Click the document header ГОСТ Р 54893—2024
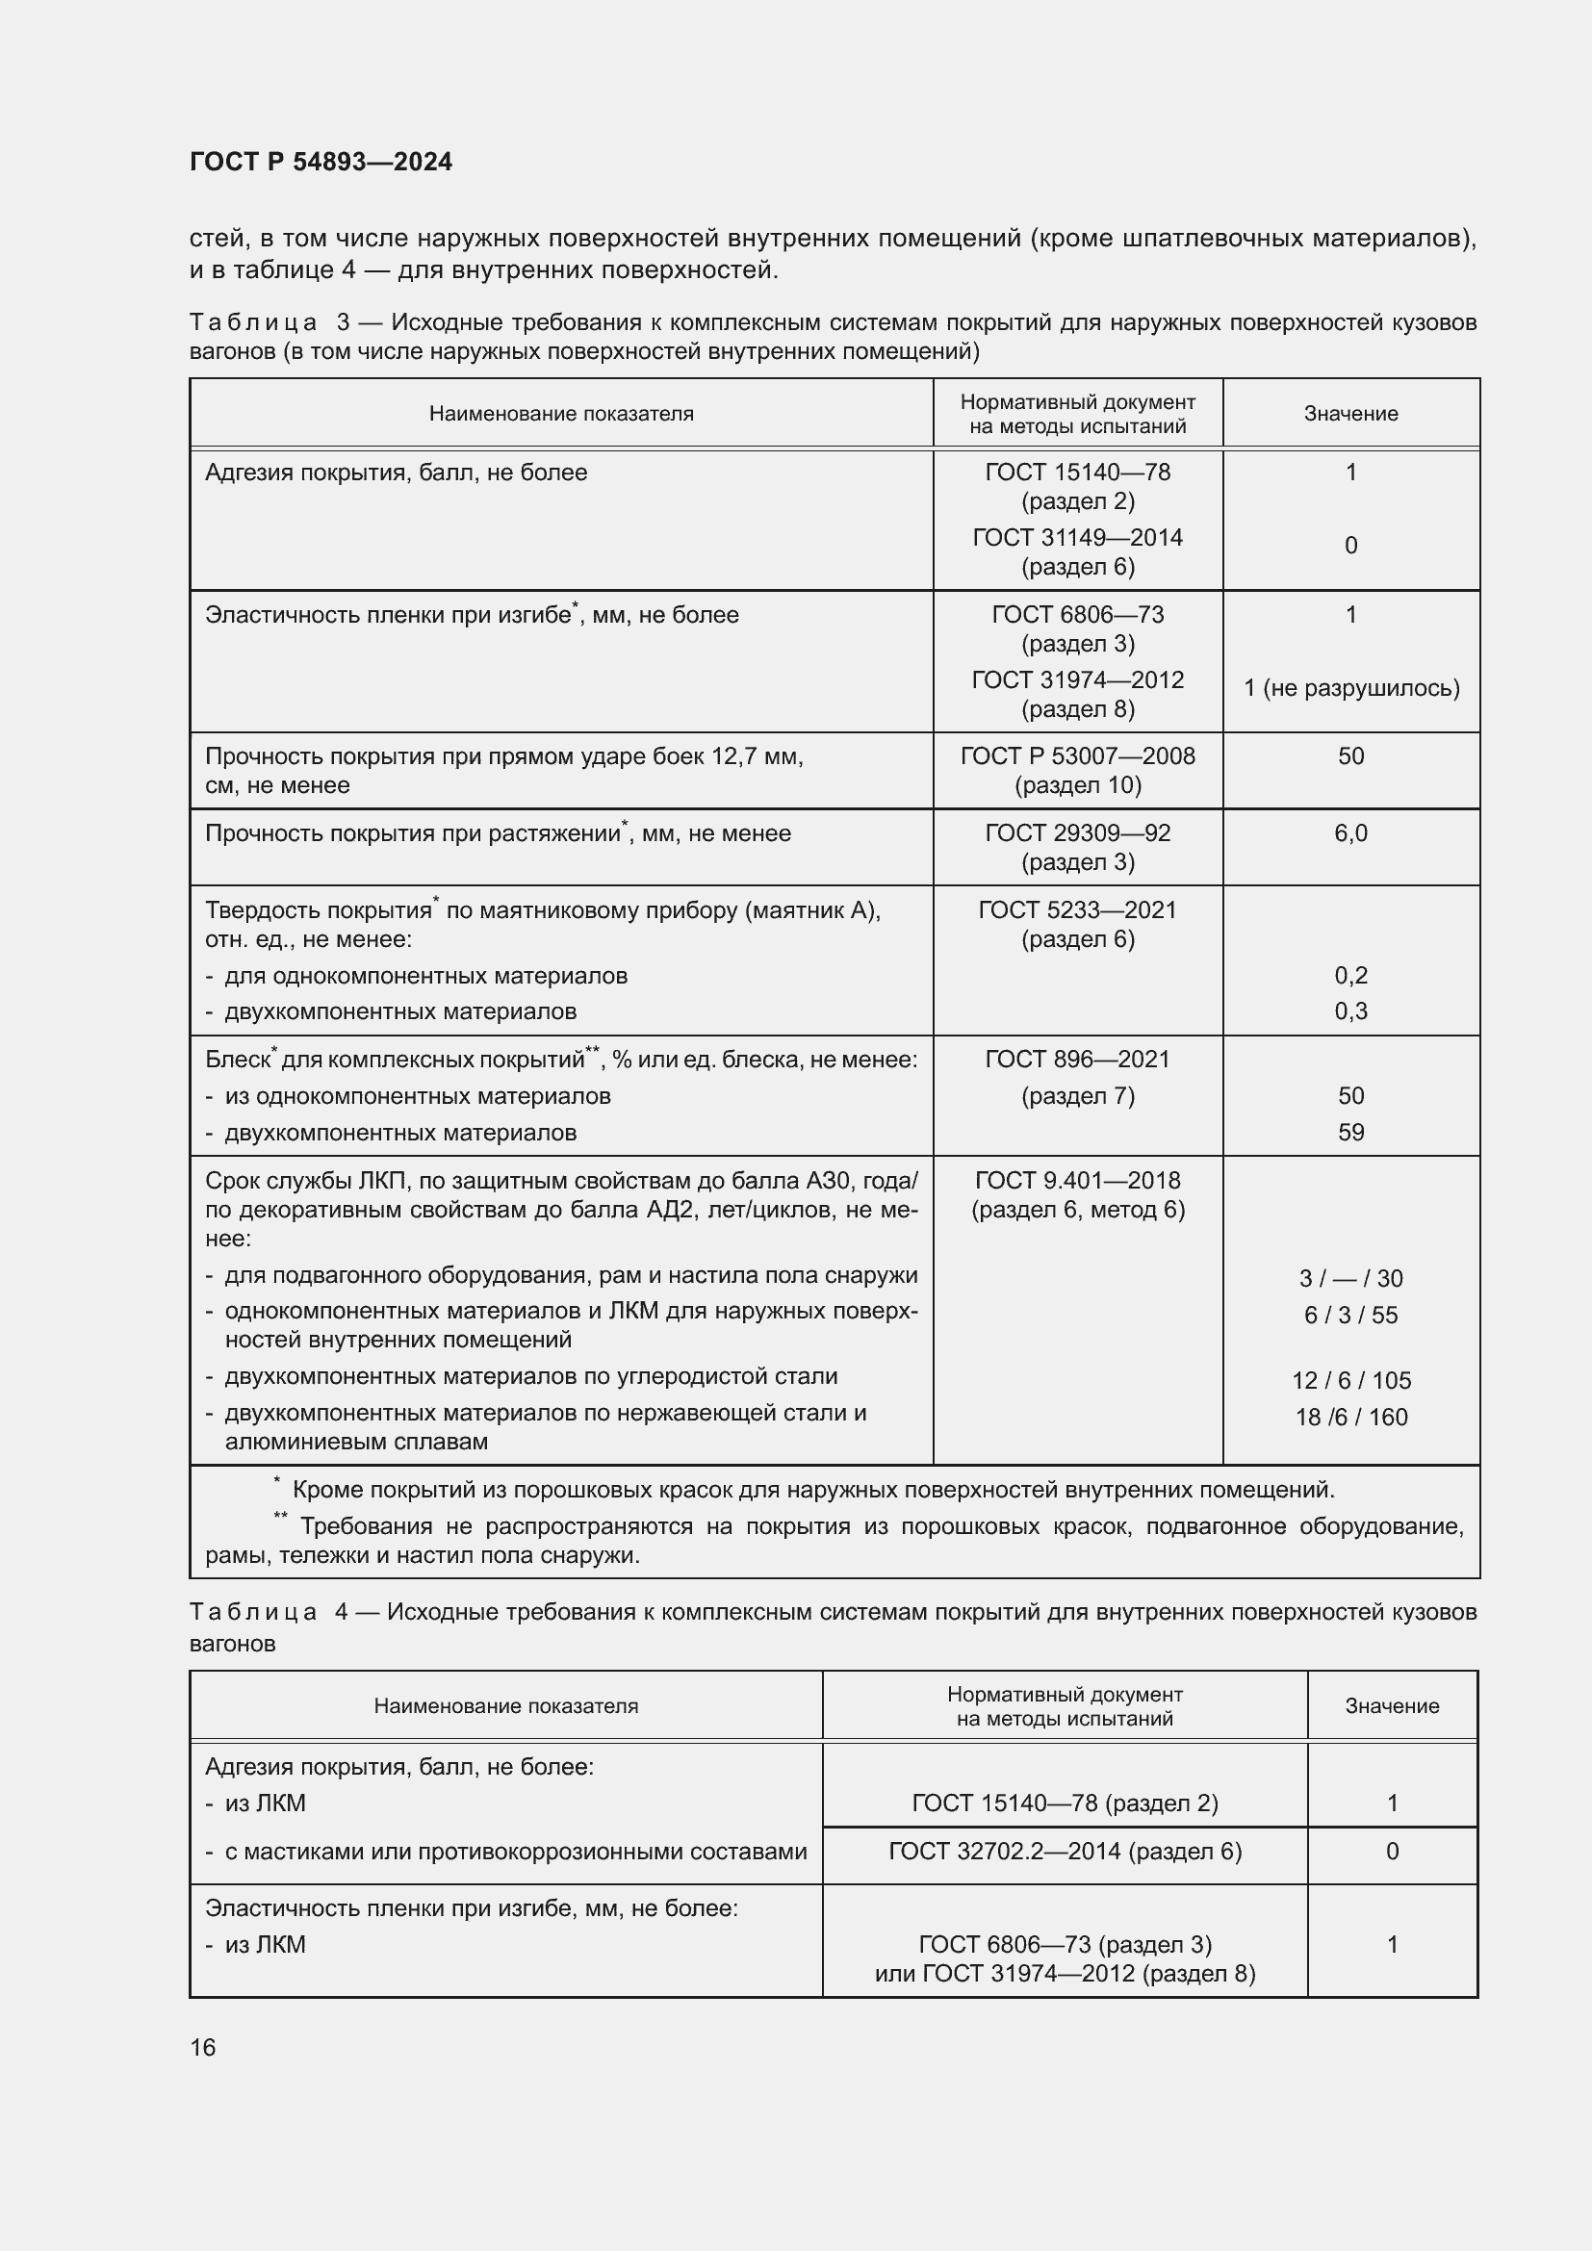point(321,162)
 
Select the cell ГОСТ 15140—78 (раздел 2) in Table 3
point(1077,486)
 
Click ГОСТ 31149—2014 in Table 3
point(1077,537)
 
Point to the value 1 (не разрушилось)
point(1350,688)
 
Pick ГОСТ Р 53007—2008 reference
point(1077,755)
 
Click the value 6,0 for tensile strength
point(1350,833)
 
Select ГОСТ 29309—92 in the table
point(1077,833)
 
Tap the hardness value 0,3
point(1350,1010)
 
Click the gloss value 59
point(1350,1133)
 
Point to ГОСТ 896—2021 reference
point(1077,1059)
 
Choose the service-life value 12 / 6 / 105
point(1350,1380)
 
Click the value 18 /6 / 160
point(1350,1417)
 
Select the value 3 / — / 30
point(1350,1278)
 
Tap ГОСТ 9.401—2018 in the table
point(1077,1181)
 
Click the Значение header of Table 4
point(1391,1706)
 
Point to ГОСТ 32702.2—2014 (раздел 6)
point(1065,1851)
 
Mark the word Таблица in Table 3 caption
point(253,322)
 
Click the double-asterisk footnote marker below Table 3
point(280,1518)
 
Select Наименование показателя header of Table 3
point(561,414)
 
